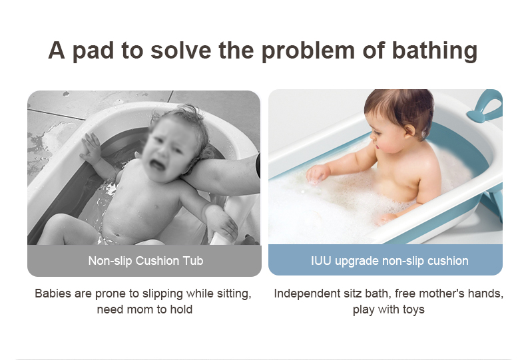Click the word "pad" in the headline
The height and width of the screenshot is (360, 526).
pos(93,51)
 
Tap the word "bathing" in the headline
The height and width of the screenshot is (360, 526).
pos(434,51)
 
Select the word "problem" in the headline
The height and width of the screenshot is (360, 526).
pos(308,51)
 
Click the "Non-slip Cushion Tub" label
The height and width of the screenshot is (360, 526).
pos(146,261)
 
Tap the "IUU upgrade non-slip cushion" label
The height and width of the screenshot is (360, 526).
pos(390,261)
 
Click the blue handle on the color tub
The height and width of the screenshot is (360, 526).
pos(485,107)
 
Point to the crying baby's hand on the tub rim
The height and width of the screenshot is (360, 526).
pos(90,148)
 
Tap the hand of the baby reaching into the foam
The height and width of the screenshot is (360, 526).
pos(317,174)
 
